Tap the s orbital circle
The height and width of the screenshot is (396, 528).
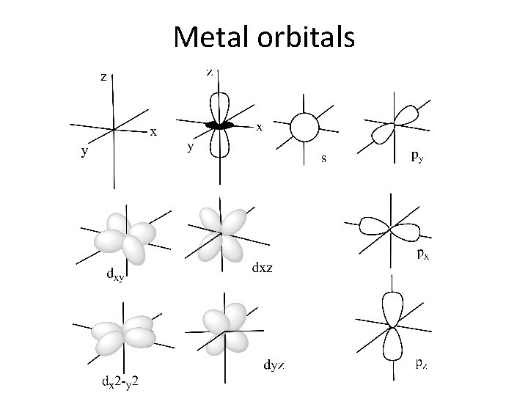304,128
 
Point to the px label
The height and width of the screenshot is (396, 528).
422,255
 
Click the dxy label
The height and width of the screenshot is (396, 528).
115,276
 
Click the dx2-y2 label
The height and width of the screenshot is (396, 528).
121,381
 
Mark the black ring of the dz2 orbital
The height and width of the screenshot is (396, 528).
219,126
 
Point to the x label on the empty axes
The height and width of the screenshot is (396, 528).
153,132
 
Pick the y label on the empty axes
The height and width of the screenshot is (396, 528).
85,152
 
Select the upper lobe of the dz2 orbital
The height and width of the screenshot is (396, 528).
219,106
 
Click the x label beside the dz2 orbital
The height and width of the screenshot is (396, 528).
260,127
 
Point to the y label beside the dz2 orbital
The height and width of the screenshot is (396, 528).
191,147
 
